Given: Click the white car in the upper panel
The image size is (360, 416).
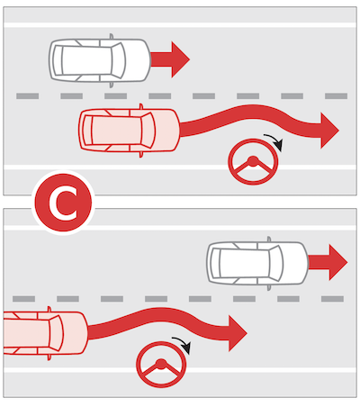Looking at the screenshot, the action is coord(100,60).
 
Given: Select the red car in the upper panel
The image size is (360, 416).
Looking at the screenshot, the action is coord(130,131).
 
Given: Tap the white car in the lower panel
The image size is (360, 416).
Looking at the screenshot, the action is coord(257,263).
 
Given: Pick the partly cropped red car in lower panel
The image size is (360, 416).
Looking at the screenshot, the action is coord(46,333).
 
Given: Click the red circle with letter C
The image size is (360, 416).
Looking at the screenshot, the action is coord(63,203).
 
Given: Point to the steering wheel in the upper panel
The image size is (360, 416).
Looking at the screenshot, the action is coord(253,162).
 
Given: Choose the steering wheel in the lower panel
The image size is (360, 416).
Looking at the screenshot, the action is coord(161,365).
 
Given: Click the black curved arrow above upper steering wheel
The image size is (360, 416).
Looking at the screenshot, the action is coord(274,141).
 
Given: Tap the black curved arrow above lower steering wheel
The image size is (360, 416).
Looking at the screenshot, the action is coord(183,344).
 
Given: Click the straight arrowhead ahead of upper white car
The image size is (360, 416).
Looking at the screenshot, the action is coord(180,59).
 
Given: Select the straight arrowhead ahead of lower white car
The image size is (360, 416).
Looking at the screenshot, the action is coord(337,262).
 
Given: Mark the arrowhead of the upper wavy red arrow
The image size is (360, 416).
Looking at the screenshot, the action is coord(329,131).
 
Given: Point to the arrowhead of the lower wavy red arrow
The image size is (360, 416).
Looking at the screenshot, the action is coord(238,333).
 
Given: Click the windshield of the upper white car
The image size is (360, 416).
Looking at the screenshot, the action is coord(118,60).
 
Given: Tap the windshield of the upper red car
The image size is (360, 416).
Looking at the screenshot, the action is coord(148,131).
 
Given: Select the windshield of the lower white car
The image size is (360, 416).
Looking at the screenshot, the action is coord(276,263).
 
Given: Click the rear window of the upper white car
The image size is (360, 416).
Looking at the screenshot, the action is coord(58,60).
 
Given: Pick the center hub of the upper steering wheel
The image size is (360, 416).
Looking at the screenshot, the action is coord(253,160).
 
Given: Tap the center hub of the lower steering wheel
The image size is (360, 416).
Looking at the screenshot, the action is coord(161,364).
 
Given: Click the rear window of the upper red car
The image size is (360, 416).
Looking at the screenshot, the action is coord(87,131).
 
